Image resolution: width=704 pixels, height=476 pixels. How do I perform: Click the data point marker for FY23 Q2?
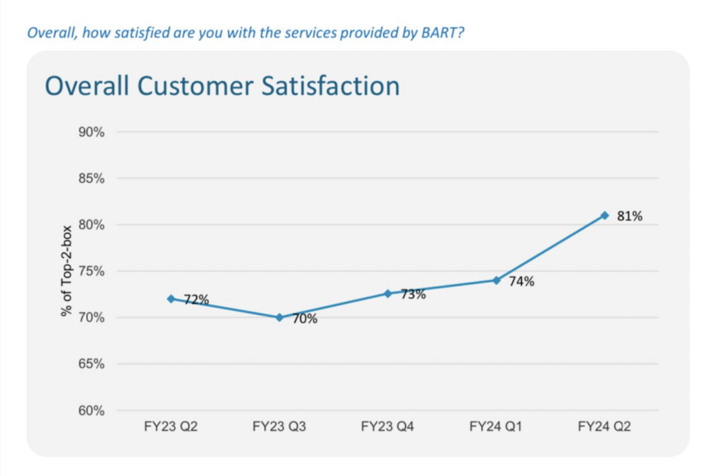coord(170,299)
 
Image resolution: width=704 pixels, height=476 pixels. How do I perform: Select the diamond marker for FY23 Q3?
coord(279,317)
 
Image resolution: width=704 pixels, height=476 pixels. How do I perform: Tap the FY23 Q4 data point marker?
coord(388,294)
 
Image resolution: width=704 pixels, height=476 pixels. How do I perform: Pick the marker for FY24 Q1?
coord(496,280)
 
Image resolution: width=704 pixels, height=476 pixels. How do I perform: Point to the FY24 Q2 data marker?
coord(604,215)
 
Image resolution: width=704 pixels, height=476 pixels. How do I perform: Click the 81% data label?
coord(630,217)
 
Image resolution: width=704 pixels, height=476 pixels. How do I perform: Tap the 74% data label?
coord(522,281)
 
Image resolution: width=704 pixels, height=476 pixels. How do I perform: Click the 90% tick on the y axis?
coord(91,132)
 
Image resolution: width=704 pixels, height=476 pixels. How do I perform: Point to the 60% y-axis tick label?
coord(91,411)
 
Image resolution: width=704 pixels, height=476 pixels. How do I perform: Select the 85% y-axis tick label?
coord(91,179)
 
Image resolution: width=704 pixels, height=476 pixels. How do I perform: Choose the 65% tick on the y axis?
coord(91,364)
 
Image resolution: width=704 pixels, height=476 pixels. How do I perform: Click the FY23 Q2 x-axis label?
coord(170,427)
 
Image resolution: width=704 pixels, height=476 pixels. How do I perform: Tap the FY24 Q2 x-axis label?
coord(604,427)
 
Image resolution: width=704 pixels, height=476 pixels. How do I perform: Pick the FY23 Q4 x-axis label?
coord(388,427)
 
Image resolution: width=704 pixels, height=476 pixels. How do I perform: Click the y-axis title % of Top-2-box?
coord(67,271)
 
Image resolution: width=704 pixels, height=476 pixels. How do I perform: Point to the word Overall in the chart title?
coord(87,87)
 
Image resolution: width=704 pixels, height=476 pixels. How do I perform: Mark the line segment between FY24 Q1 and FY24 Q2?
coord(550,248)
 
